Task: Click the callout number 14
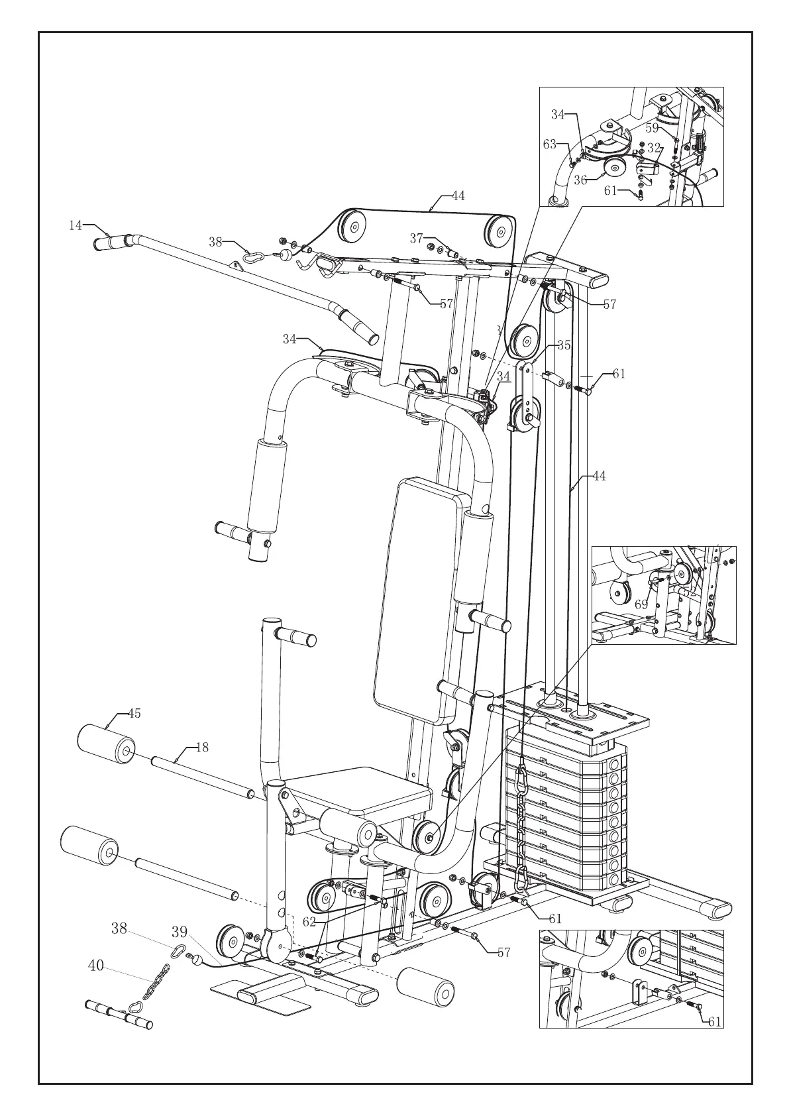[x=76, y=225]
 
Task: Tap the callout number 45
[x=134, y=714]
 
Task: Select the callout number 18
[x=201, y=747]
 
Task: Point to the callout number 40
[x=96, y=966]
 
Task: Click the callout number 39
[x=180, y=932]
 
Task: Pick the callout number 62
[x=309, y=921]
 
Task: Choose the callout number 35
[x=564, y=345]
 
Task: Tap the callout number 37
[x=416, y=238]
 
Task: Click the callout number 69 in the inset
[x=641, y=604]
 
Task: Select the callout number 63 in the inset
[x=550, y=144]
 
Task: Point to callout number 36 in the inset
[x=580, y=180]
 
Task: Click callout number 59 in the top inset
[x=653, y=128]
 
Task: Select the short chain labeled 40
[x=152, y=989]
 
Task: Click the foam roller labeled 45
[x=106, y=742]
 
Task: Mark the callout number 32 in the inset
[x=655, y=148]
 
